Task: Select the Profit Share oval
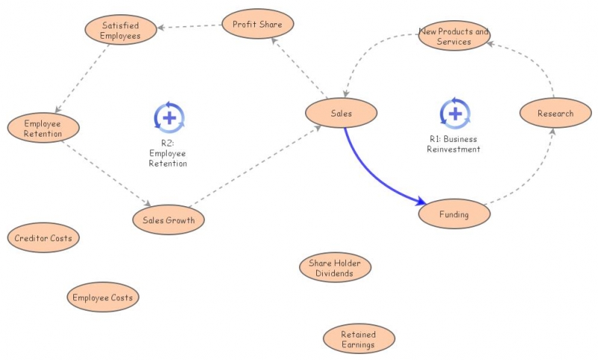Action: pos(257,24)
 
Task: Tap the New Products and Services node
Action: pos(454,37)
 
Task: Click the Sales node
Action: pos(341,114)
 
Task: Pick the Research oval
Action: pos(555,114)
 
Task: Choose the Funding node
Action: pos(454,214)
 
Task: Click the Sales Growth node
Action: pos(168,220)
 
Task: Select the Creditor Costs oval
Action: pos(43,238)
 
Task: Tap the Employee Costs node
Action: pos(102,298)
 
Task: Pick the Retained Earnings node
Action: pos(358,340)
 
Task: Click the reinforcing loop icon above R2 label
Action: pos(169,117)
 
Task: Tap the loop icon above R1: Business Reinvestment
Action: pos(454,114)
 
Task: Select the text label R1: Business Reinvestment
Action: pos(453,144)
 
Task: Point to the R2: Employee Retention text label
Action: pos(168,153)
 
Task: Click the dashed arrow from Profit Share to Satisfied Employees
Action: pos(191,27)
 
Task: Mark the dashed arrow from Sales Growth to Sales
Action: pos(254,168)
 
